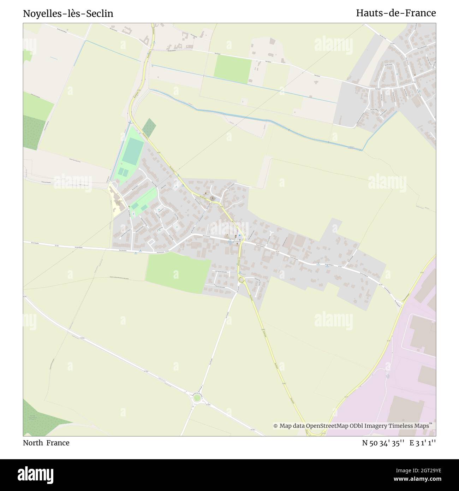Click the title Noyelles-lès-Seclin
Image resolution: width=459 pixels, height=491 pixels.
coord(68,13)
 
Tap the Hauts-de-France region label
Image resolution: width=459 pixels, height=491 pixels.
coord(396,13)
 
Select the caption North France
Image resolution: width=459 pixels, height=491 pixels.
coord(46,443)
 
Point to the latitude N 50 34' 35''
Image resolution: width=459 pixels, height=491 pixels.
coord(383,443)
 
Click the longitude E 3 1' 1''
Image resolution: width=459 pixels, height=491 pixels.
coord(423,443)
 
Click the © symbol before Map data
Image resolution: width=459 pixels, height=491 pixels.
coord(276,426)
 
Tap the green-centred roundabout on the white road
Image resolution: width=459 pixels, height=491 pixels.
coord(197,398)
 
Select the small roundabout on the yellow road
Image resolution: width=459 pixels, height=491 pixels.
coord(242,280)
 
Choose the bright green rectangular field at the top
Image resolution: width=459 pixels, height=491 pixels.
coord(232,68)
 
